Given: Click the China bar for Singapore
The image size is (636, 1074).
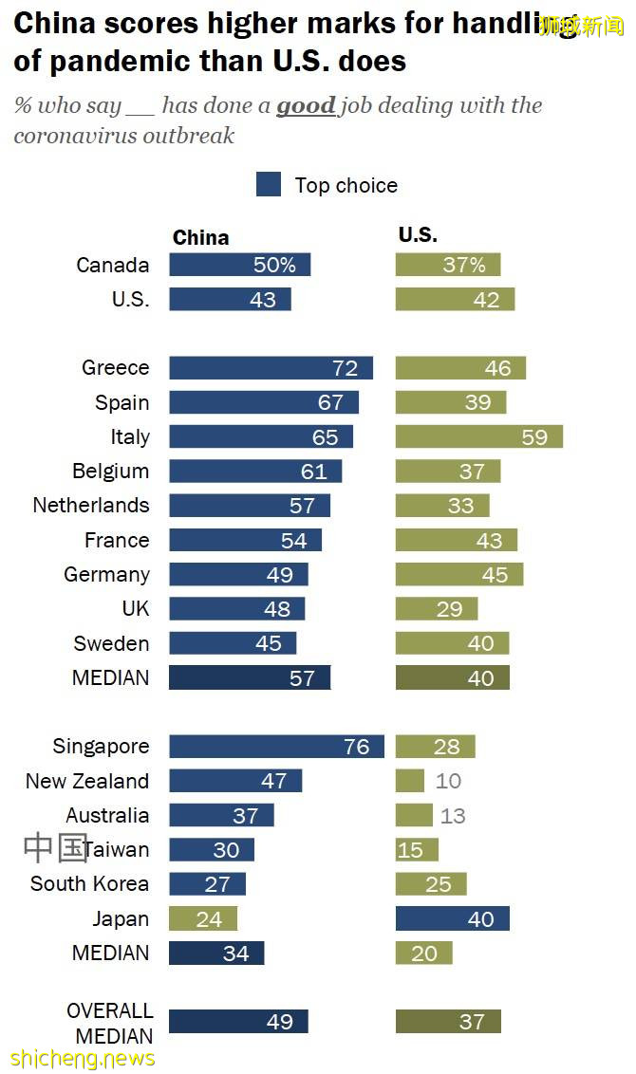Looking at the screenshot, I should [276, 747].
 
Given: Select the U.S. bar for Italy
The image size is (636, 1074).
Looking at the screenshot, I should [478, 436].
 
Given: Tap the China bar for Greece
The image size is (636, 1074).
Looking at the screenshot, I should [271, 368].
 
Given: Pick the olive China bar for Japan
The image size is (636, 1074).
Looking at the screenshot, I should [203, 918].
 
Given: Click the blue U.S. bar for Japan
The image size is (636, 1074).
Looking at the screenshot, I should [452, 918].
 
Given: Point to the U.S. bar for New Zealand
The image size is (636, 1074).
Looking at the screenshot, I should [409, 781].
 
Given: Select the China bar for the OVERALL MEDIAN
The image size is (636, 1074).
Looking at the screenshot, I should [238, 1022].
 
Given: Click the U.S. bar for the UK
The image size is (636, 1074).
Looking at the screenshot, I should [436, 609].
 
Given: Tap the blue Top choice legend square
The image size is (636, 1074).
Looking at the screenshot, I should [269, 185].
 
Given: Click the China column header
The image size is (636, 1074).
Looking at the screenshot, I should [200, 237].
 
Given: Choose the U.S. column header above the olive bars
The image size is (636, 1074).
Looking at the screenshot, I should [418, 235].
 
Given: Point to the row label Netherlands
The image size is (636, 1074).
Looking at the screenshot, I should [91, 505].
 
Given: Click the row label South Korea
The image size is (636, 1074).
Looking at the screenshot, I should [89, 883].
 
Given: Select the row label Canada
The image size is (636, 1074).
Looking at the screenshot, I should [113, 265].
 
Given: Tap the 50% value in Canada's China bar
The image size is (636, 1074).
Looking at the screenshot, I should [274, 266].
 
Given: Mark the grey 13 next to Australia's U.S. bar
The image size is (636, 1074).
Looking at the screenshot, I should [453, 816].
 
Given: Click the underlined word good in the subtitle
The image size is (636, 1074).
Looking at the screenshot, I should [306, 105].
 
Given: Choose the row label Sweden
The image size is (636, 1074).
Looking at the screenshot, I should [111, 643].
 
